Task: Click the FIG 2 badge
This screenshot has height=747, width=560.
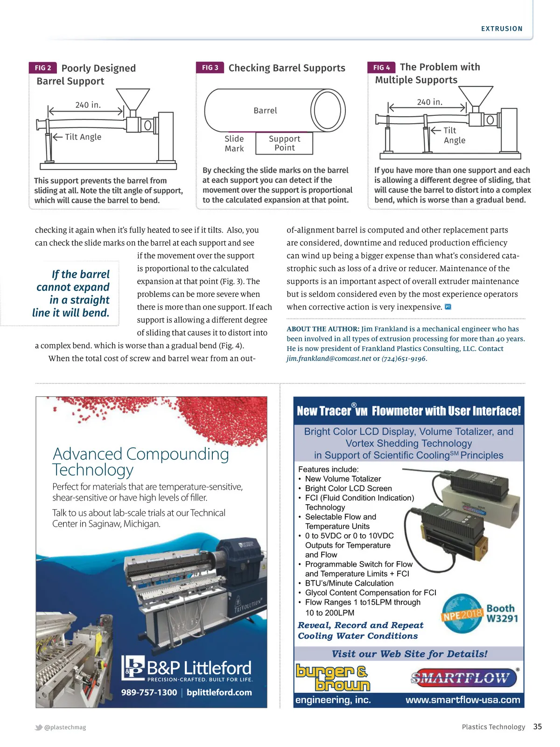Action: [43, 68]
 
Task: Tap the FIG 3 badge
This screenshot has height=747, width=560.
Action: [210, 68]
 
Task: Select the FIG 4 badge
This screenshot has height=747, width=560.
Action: [381, 68]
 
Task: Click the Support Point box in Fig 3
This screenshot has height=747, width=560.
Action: [285, 143]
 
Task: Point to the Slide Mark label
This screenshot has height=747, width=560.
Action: [234, 144]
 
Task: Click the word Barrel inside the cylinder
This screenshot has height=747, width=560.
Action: [265, 111]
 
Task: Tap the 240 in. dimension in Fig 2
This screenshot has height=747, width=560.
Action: [88, 105]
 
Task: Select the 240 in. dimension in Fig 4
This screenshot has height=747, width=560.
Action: [429, 102]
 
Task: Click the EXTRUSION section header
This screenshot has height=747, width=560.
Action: [502, 29]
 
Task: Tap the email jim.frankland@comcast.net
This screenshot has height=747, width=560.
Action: [329, 359]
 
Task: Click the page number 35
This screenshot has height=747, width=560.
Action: [538, 727]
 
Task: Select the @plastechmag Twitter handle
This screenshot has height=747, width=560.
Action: [65, 727]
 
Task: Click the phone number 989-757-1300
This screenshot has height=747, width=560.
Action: [149, 692]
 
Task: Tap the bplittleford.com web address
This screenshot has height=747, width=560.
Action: [219, 692]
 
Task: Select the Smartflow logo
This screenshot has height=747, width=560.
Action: [464, 678]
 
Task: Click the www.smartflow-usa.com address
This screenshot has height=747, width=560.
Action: [462, 700]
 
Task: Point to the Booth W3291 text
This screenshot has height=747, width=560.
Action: [502, 613]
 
